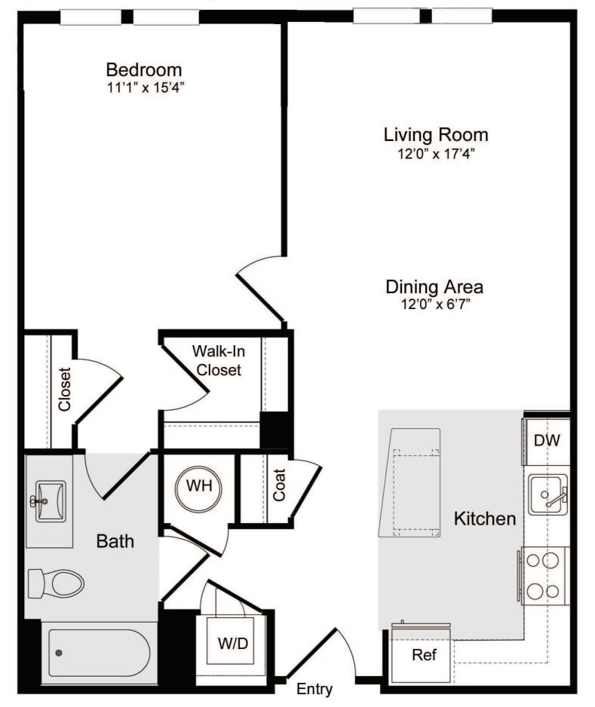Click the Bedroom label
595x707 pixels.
[x=144, y=70]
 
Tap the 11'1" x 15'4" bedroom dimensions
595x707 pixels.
[x=144, y=87]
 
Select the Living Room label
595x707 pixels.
[x=436, y=135]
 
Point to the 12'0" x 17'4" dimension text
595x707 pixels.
[x=436, y=153]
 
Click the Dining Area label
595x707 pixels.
[x=434, y=287]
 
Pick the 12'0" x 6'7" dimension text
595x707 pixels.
[x=434, y=305]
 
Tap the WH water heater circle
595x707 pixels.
[x=199, y=486]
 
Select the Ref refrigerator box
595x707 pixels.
[x=424, y=655]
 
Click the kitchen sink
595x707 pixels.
[x=547, y=494]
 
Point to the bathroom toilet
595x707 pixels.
[x=56, y=583]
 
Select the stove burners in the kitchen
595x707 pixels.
[x=544, y=576]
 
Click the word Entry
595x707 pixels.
[x=314, y=689]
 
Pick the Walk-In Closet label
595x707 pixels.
[x=216, y=360]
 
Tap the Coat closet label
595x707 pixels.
[x=279, y=486]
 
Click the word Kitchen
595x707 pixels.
[x=485, y=519]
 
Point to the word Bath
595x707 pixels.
[x=115, y=540]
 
